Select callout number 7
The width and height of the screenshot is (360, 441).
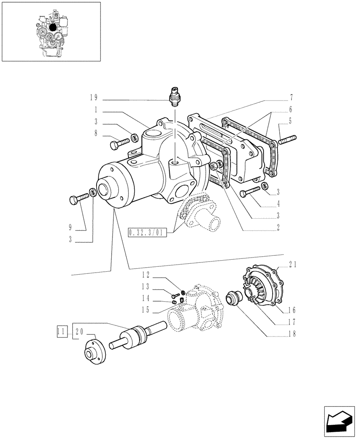click(x=292, y=97)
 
